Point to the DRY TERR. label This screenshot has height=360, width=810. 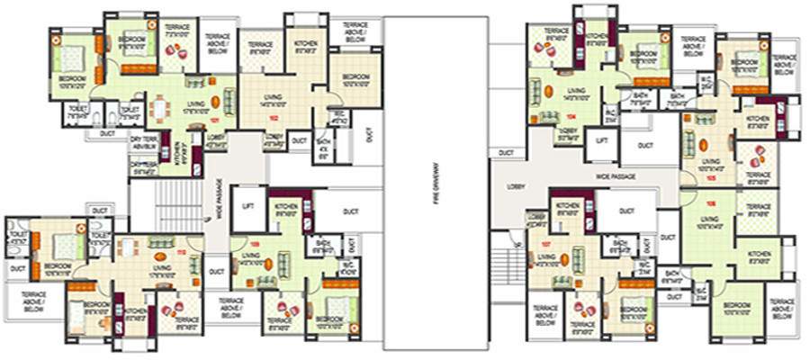coord(144,140)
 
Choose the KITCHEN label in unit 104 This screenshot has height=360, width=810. coord(595,39)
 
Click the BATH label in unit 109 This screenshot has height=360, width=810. coord(321,242)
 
